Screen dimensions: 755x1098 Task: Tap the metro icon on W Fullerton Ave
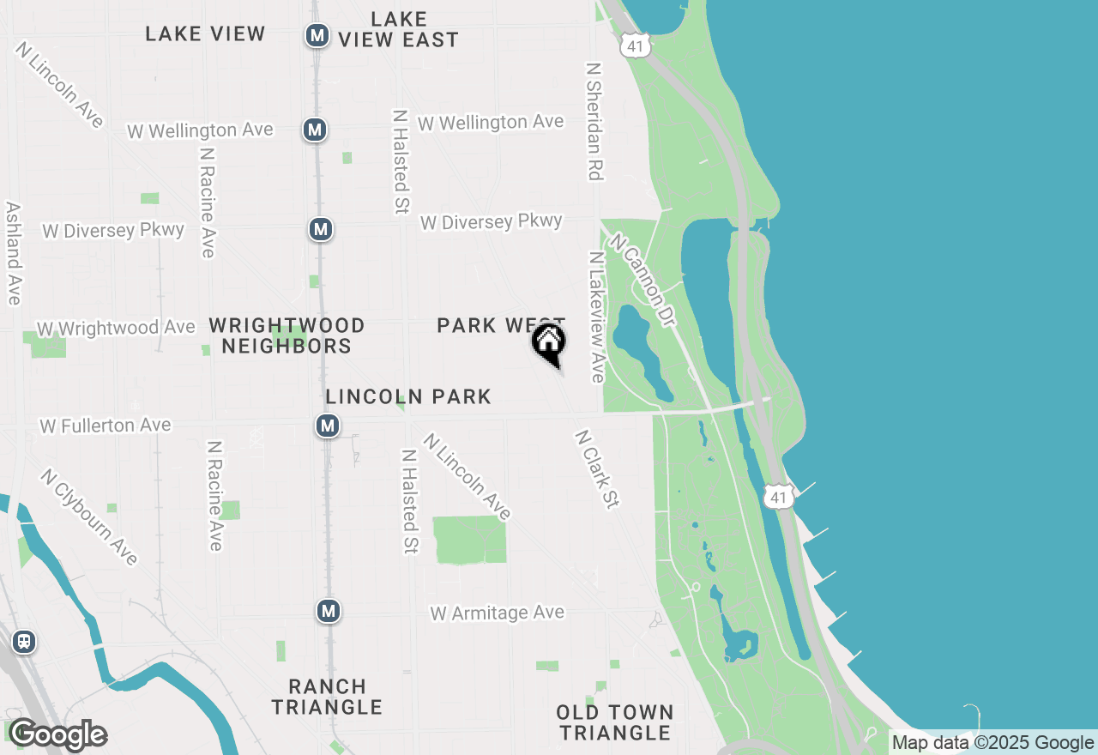coord(327,426)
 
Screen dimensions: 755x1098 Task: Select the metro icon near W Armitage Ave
coord(328,611)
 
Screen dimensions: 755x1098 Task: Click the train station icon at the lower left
coord(24,642)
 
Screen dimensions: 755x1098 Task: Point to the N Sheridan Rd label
coord(594,121)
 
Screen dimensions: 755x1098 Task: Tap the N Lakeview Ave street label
coord(596,317)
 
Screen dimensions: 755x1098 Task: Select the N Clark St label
coord(597,469)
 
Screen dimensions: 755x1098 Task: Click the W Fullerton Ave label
coord(106,426)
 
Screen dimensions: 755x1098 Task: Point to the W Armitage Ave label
coord(498,613)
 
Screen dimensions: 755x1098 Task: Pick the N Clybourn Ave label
coord(89,517)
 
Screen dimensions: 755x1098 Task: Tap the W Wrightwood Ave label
coord(116,329)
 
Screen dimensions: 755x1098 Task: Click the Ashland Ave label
coord(13,253)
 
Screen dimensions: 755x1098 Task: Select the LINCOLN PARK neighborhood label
coord(408,396)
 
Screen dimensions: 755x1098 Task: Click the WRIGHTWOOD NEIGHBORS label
coord(287,335)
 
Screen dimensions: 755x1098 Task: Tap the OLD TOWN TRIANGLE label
coord(614,722)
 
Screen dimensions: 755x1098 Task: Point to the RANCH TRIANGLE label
coord(327,697)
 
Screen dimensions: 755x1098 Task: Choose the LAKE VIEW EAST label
coord(399,29)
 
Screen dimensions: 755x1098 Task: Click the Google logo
coord(57,735)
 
